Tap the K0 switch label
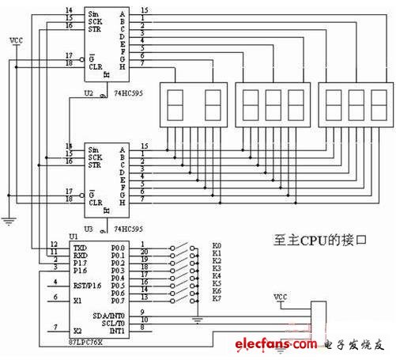217,245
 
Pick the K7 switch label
217,298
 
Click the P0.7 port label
118,298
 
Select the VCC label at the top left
14,38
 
